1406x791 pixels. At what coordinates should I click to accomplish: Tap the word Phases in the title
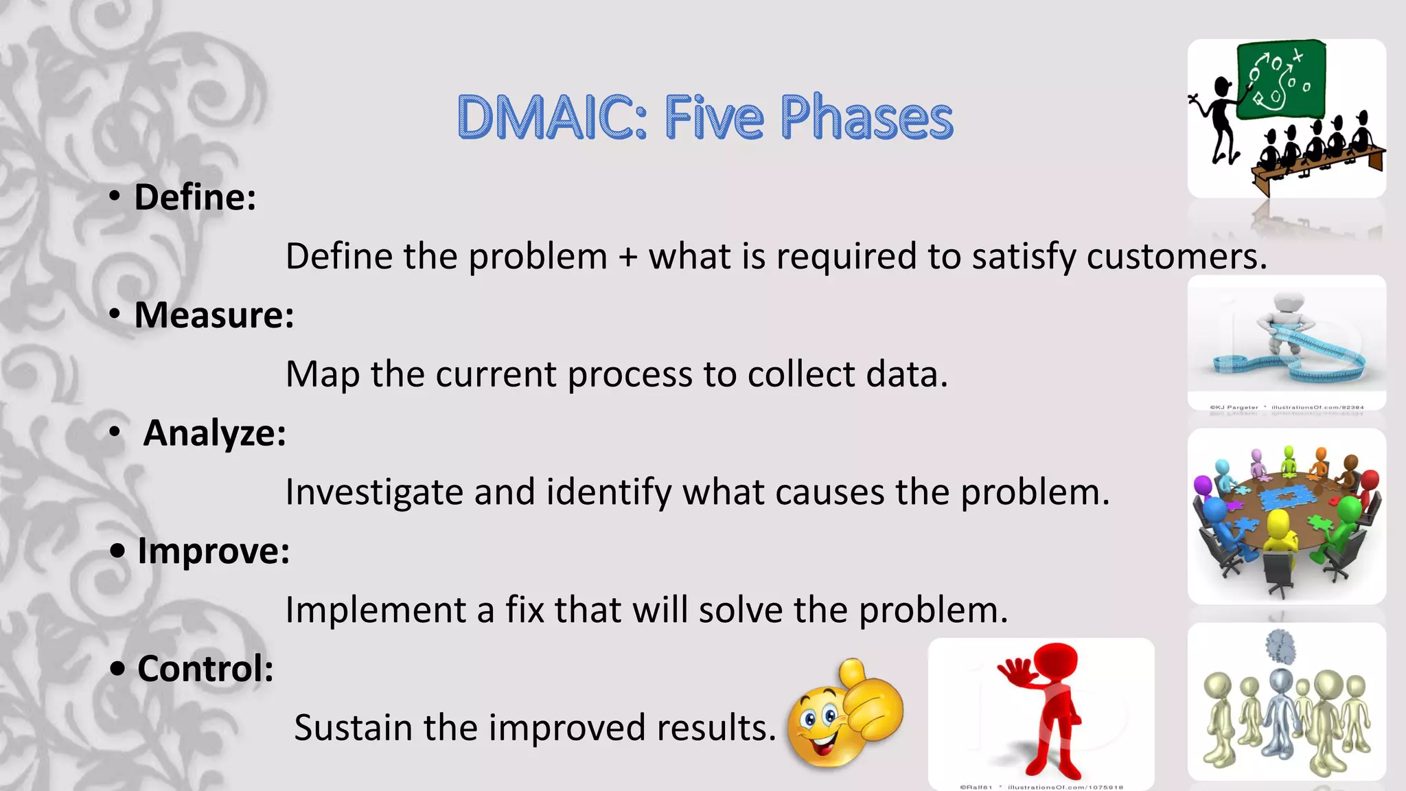tap(866, 117)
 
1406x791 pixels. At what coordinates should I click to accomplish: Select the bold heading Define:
tap(195, 198)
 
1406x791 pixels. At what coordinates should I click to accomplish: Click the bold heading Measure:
tap(214, 315)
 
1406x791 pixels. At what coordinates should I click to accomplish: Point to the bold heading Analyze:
tap(214, 433)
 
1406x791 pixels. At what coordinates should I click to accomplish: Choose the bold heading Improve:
tap(214, 551)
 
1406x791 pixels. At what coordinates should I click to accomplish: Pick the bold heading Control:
tap(205, 669)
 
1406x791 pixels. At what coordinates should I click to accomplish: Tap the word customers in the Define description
tap(1175, 257)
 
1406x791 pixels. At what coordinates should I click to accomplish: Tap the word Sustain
tap(353, 728)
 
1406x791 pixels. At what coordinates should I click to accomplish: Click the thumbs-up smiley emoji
tap(844, 714)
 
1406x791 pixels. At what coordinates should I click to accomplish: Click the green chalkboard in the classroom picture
tap(1281, 79)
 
